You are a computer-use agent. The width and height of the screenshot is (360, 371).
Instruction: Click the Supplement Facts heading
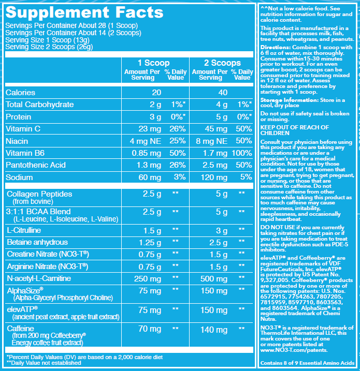(84, 12)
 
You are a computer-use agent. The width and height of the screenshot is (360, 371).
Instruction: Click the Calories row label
(20, 92)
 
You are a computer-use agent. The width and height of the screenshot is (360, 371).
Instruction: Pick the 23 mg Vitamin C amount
(148, 128)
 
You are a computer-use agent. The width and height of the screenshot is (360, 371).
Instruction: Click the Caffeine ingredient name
(21, 329)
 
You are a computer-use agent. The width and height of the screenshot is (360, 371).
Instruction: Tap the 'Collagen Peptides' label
(39, 194)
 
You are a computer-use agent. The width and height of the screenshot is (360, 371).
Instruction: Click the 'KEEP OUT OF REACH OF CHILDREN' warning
(294, 130)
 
